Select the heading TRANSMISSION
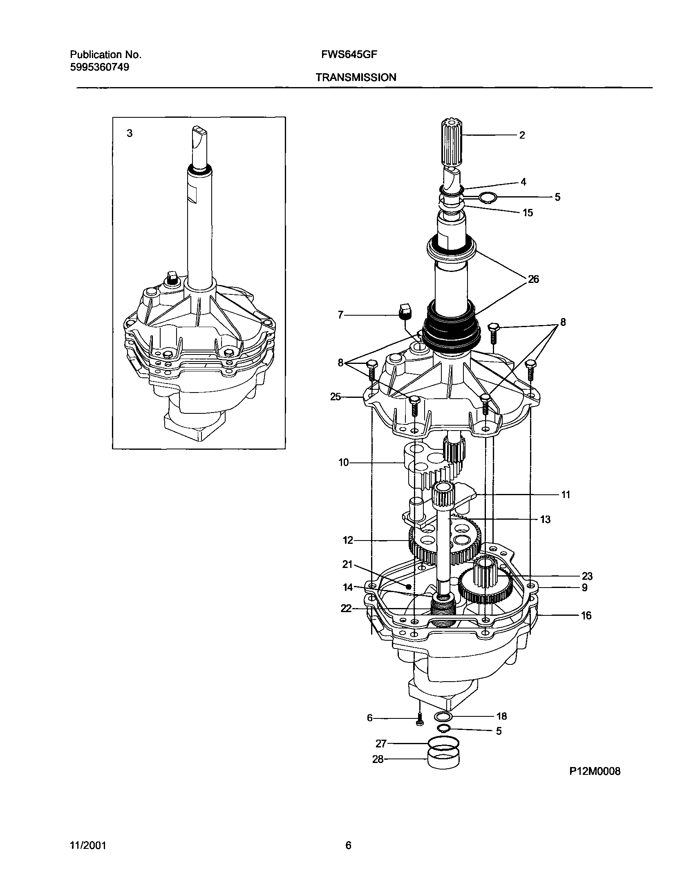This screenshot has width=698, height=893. [x=356, y=77]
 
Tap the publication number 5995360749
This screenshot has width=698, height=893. [x=100, y=67]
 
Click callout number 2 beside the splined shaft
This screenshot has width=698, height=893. [x=522, y=135]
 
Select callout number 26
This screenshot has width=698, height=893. [x=533, y=279]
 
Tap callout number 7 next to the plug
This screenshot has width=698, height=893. [x=340, y=315]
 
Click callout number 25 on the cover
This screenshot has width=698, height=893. [x=336, y=397]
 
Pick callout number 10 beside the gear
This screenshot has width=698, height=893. [x=343, y=462]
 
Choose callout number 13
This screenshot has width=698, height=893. [x=545, y=519]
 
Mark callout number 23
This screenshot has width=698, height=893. [x=587, y=576]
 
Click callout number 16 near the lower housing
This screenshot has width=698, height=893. [x=586, y=615]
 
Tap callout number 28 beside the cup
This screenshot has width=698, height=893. [x=378, y=759]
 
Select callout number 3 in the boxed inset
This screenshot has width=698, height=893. [x=130, y=133]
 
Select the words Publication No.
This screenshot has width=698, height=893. [x=105, y=54]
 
